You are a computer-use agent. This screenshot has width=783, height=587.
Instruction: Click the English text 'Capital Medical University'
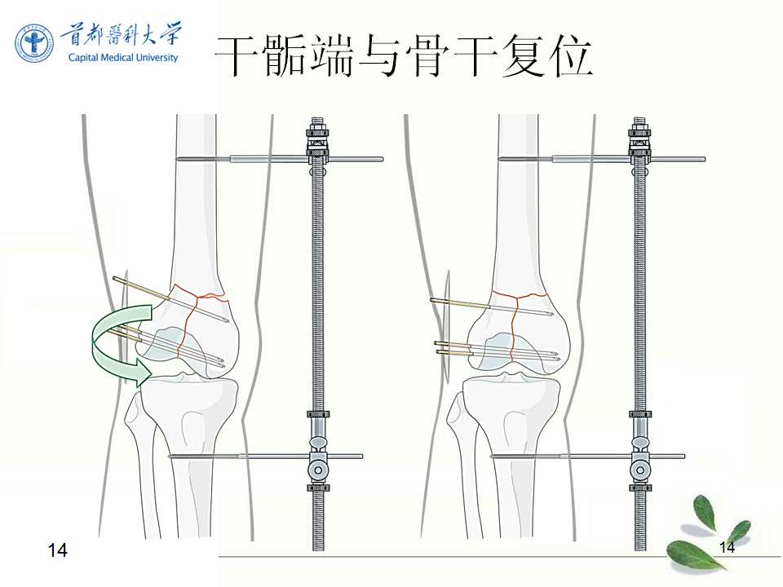(123, 57)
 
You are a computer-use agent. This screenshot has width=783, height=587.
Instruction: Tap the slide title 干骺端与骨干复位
(403, 56)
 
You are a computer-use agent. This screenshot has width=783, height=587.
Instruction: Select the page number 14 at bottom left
(57, 549)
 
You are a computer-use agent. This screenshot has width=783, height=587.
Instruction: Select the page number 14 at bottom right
(727, 547)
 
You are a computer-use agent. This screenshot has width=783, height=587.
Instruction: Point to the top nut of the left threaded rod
(317, 131)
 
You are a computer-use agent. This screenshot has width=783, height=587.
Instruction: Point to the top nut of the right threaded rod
(639, 131)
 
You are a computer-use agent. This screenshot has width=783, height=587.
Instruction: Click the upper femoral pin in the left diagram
(280, 159)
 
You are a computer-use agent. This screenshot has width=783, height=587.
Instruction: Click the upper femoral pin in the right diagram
(602, 159)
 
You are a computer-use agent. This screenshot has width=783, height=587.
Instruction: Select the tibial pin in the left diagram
(266, 457)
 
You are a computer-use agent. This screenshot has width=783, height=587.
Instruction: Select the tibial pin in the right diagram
(588, 457)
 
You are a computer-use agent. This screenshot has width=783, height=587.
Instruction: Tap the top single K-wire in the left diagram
(170, 299)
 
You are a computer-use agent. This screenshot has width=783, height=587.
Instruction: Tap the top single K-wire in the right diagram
(492, 307)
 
